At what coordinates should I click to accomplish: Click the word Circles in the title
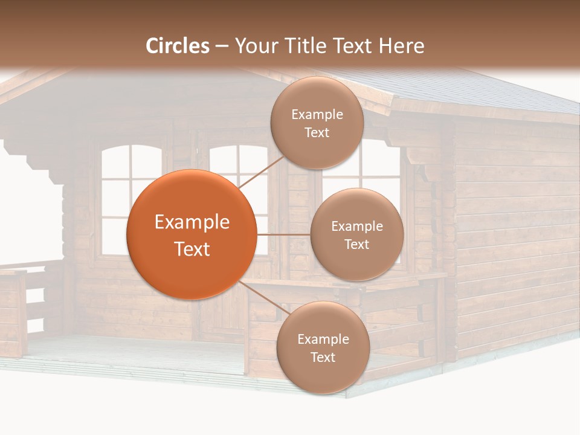(178, 46)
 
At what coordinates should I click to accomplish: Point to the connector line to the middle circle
(283, 234)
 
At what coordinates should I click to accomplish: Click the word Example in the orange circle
(192, 222)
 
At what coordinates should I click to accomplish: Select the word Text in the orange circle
(192, 249)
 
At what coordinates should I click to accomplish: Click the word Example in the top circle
(317, 115)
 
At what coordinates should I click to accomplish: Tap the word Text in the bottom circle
(323, 357)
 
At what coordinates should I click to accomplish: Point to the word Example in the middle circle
(357, 227)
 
